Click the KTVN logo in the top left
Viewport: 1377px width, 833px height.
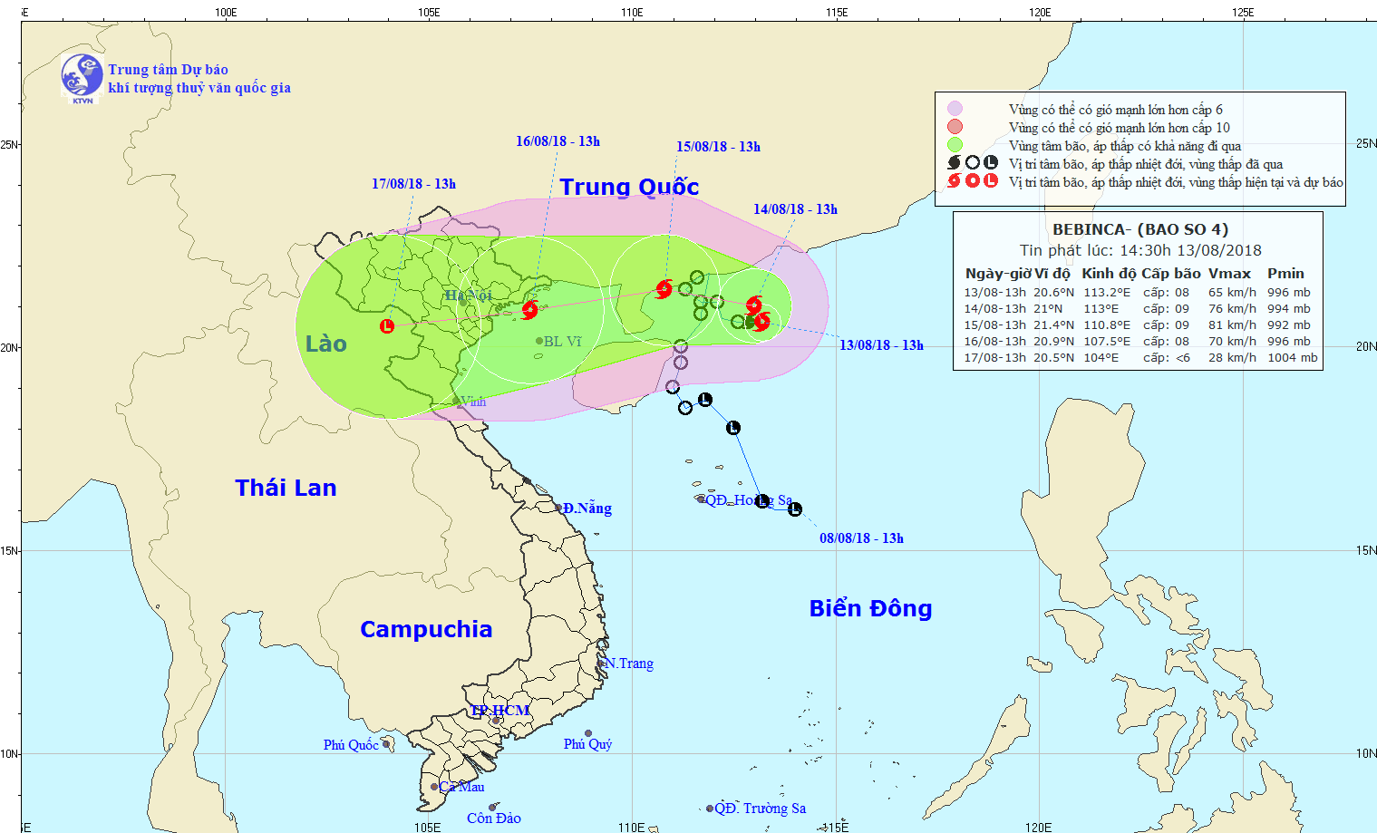(82, 76)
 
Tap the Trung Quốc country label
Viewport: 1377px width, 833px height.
(629, 187)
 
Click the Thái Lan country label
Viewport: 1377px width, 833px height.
(286, 488)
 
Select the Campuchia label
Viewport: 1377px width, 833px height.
(425, 629)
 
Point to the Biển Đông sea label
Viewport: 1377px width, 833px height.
(870, 608)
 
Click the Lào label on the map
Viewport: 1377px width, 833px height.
(325, 344)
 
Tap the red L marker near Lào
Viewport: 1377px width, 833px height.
(387, 326)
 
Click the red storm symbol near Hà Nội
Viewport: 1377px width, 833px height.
(529, 310)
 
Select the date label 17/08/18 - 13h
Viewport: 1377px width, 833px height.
(413, 184)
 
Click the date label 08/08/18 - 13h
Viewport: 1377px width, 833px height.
(861, 538)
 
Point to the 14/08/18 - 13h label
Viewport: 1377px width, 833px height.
(795, 209)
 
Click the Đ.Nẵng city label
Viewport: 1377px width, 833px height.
(587, 509)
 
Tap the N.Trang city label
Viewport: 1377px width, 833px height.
(629, 663)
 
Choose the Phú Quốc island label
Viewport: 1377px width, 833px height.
(351, 745)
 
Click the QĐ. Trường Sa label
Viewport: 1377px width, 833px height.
(760, 809)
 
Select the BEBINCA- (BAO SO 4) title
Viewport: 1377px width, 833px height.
(1139, 229)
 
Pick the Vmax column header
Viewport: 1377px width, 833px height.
(1229, 274)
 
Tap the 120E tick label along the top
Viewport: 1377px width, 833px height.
(1040, 13)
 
